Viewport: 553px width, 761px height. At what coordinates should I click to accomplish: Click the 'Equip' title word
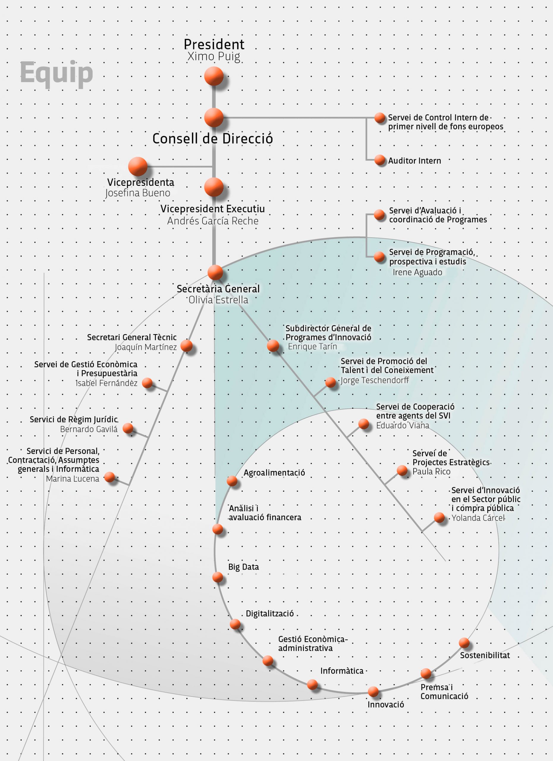coord(56,74)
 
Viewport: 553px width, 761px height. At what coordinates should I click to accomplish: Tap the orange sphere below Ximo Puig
coord(214,76)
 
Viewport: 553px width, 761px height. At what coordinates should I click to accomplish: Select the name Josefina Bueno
coord(138,193)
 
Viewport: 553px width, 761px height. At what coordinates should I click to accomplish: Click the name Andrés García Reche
coord(213,221)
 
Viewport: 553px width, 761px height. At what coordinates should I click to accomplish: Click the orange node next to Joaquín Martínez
coord(187,346)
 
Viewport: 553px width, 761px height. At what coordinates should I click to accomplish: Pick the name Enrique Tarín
coord(312,347)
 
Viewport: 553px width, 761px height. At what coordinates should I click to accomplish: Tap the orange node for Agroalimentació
coord(232,481)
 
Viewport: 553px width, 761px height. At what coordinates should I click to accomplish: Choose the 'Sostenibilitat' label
coord(485,655)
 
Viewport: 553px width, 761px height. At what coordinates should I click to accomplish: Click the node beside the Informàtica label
coord(312,685)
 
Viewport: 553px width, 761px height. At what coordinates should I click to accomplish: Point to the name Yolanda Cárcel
coord(478,518)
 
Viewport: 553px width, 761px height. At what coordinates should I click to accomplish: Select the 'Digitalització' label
coord(270,614)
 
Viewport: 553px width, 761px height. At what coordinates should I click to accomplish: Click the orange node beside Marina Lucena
coord(110,477)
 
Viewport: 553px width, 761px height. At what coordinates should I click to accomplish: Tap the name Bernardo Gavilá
coord(89,429)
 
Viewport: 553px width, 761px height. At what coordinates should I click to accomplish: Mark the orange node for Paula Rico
coord(402,471)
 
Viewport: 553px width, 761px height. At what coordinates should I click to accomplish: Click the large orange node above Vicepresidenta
coord(138,166)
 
